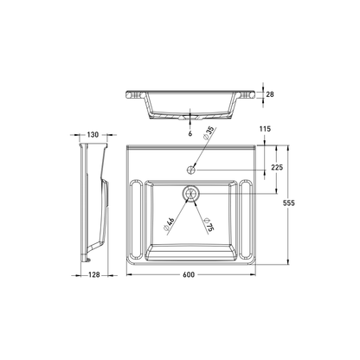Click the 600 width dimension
[x=189, y=274]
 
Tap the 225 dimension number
[x=276, y=169]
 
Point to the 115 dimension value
[x=266, y=129]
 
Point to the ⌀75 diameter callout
[x=208, y=227]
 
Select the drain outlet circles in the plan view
[x=190, y=195]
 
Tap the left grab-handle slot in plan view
[x=136, y=215]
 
